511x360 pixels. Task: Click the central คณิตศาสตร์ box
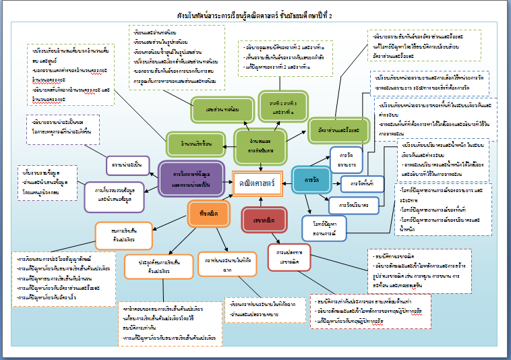pyautogui.click(x=257, y=183)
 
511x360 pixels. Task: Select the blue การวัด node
pyautogui.click(x=311, y=181)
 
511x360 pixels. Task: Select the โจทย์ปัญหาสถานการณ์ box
pyautogui.click(x=325, y=228)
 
